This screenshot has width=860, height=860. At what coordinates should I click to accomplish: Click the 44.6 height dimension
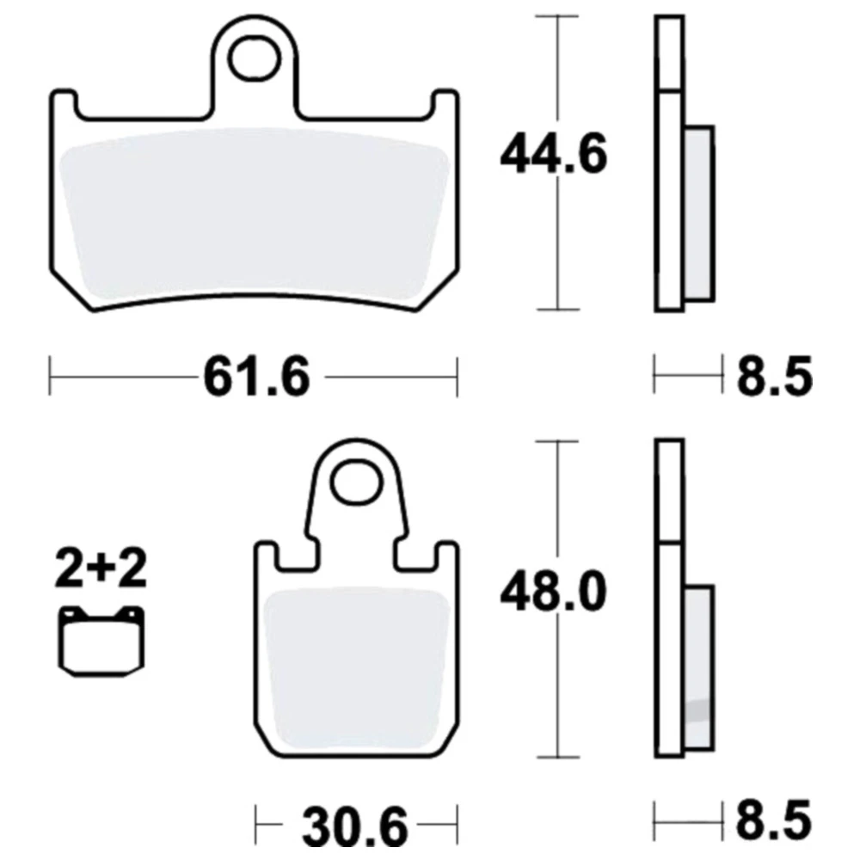tap(554, 154)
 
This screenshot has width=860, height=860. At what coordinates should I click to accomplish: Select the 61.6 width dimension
tap(256, 377)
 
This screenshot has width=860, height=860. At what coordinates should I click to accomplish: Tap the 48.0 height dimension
tap(553, 592)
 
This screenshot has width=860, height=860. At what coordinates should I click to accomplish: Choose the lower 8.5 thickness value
tap(774, 821)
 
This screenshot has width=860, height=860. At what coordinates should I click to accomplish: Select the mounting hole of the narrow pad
tap(357, 482)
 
